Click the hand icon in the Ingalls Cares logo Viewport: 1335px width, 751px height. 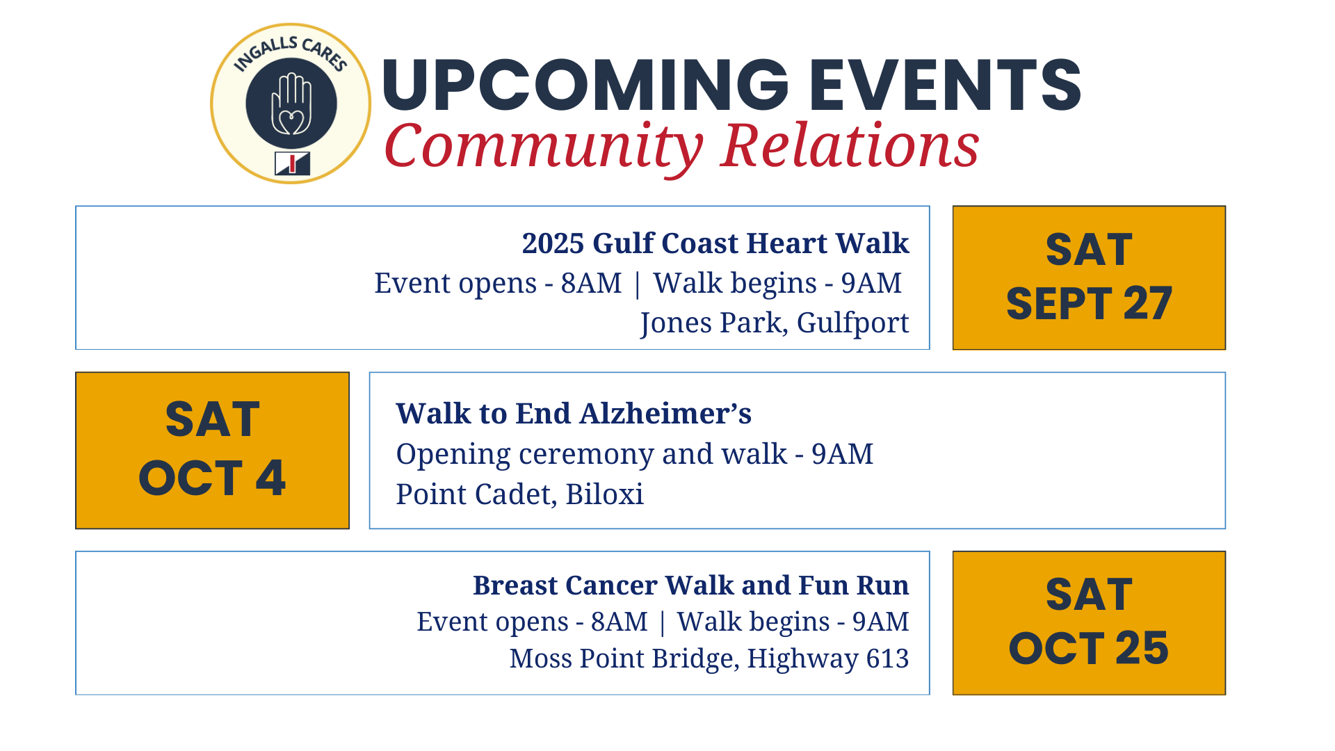pos(291,104)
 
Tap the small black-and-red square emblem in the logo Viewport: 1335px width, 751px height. pos(292,163)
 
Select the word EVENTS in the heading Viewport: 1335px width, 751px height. pos(945,85)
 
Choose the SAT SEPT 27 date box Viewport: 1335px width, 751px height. pos(1089,277)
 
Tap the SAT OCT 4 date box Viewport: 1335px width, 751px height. pos(212,450)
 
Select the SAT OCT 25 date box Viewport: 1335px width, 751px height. pos(1089,623)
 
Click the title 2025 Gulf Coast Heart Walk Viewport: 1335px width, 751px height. pos(715,243)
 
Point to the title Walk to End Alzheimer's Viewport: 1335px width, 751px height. pos(574,413)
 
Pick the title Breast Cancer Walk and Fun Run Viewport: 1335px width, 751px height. pos(691,586)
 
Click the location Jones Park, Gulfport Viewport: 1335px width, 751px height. pos(775,323)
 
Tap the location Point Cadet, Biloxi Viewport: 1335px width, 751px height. pos(520,494)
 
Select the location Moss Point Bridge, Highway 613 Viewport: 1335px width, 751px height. pos(709,658)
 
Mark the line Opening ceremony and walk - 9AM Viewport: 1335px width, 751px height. pos(635,454)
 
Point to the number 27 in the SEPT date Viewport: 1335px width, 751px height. pos(1147,304)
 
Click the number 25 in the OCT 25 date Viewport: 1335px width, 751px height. pos(1142,648)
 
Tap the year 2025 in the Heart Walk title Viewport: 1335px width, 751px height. pos(553,243)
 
